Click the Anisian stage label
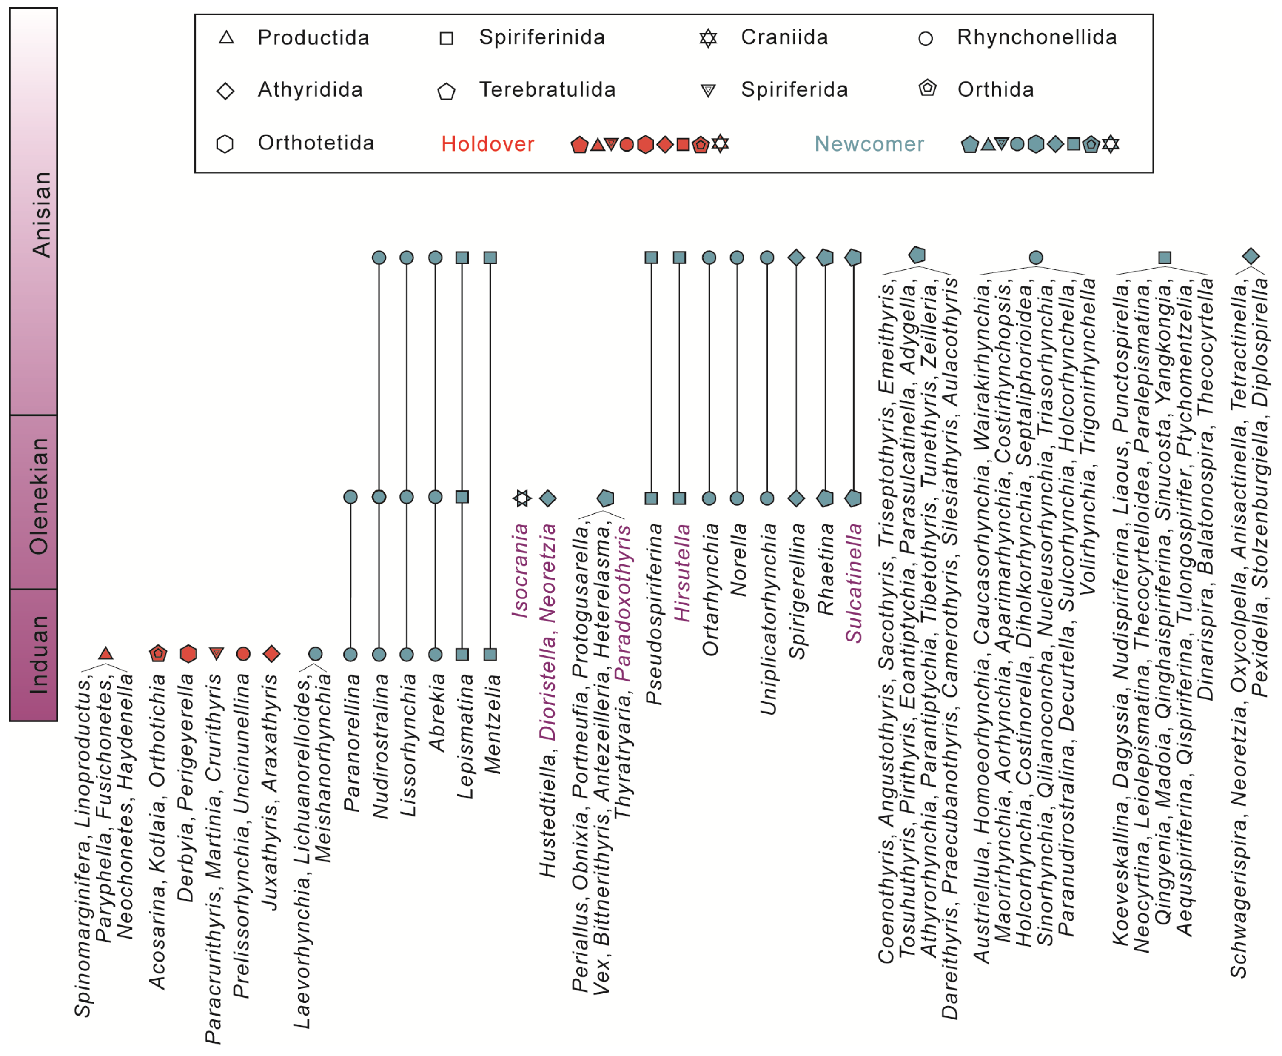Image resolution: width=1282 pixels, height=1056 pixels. click(41, 214)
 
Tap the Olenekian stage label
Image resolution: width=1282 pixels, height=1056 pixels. click(39, 496)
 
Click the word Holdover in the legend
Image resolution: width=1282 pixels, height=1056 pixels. click(487, 144)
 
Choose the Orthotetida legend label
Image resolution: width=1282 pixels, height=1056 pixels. click(316, 143)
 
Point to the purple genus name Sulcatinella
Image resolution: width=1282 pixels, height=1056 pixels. click(854, 583)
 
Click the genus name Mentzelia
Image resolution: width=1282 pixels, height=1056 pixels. click(493, 724)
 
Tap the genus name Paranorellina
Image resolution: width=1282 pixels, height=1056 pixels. click(351, 742)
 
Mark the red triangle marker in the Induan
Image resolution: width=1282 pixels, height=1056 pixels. click(106, 653)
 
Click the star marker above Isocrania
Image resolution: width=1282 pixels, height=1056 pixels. click(521, 498)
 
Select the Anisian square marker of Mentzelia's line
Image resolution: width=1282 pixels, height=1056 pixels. click(490, 258)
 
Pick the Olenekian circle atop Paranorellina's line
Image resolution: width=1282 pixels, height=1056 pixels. click(350, 497)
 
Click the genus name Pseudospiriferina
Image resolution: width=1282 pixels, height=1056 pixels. click(654, 614)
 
